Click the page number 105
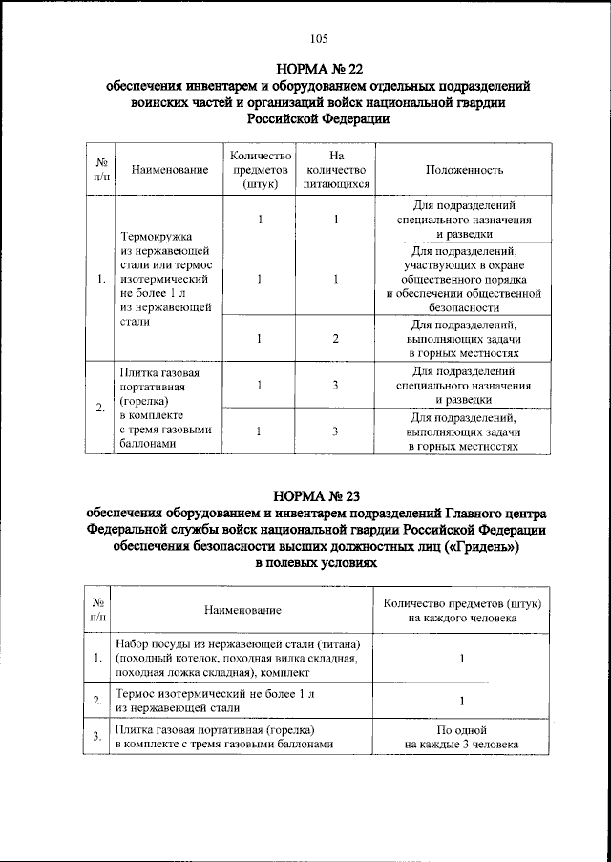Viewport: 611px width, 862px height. click(319, 39)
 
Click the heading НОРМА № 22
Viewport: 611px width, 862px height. click(319, 69)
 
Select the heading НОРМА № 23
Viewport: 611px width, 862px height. click(319, 495)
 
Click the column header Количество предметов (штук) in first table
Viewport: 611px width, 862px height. click(259, 170)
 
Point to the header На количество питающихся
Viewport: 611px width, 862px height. click(335, 170)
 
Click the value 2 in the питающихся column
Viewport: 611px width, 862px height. click(336, 338)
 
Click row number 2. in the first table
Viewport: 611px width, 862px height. click(101, 409)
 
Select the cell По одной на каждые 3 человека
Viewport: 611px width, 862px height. click(461, 736)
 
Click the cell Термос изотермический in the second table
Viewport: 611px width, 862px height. click(236, 701)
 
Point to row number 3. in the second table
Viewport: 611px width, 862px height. click(97, 736)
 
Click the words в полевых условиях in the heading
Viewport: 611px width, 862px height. click(319, 564)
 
